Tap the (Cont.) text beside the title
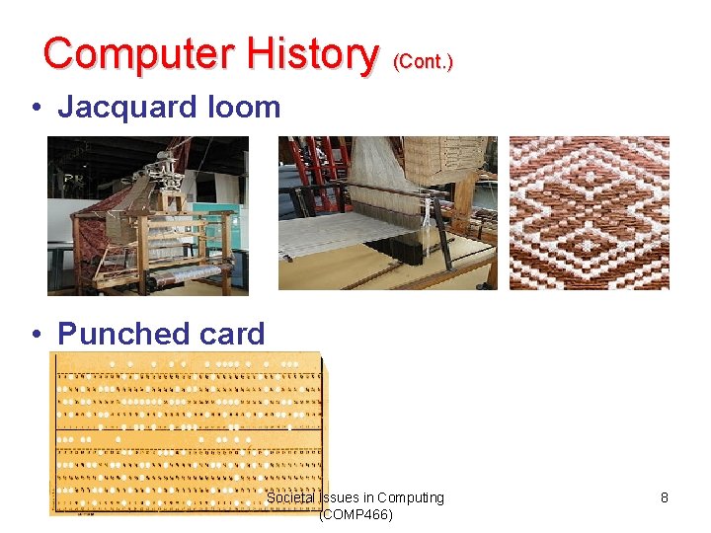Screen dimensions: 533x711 click(x=423, y=61)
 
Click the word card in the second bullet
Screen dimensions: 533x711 click(x=232, y=334)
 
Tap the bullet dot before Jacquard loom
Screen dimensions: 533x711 click(x=37, y=108)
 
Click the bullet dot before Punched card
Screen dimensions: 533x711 click(x=37, y=335)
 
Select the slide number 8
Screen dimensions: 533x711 click(x=665, y=497)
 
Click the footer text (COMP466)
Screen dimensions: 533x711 click(x=355, y=514)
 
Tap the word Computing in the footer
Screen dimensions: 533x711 click(x=410, y=497)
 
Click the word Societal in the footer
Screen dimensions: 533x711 click(x=291, y=497)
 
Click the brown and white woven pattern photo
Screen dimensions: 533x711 click(x=589, y=213)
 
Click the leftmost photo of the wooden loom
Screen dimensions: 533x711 click(x=148, y=215)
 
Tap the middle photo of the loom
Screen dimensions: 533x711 click(x=387, y=213)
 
